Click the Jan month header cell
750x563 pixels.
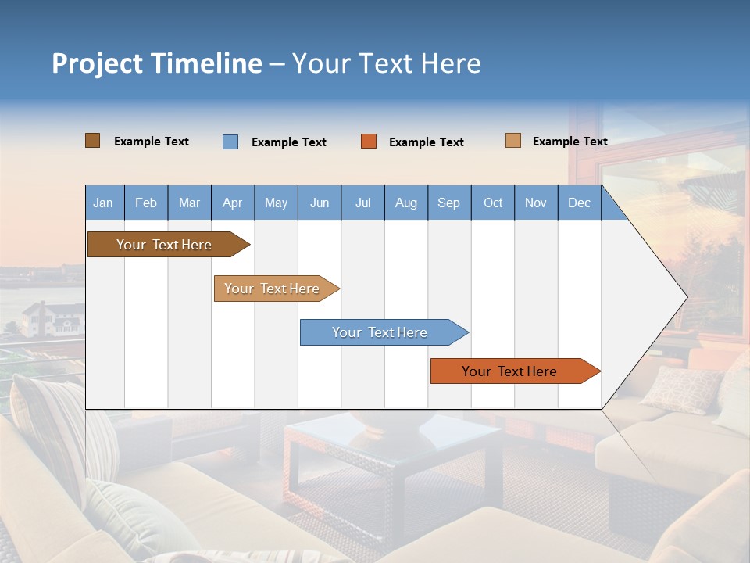104,203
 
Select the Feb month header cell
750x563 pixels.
146,203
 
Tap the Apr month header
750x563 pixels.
233,203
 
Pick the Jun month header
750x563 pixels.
320,203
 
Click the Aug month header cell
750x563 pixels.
406,203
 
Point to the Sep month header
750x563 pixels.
449,203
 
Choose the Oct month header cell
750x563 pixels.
493,203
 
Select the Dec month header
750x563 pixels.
580,203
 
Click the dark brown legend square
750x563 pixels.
93,141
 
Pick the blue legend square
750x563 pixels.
230,142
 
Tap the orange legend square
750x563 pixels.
369,142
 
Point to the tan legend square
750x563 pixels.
513,141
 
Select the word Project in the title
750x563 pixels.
97,63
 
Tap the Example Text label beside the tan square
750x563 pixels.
570,142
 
